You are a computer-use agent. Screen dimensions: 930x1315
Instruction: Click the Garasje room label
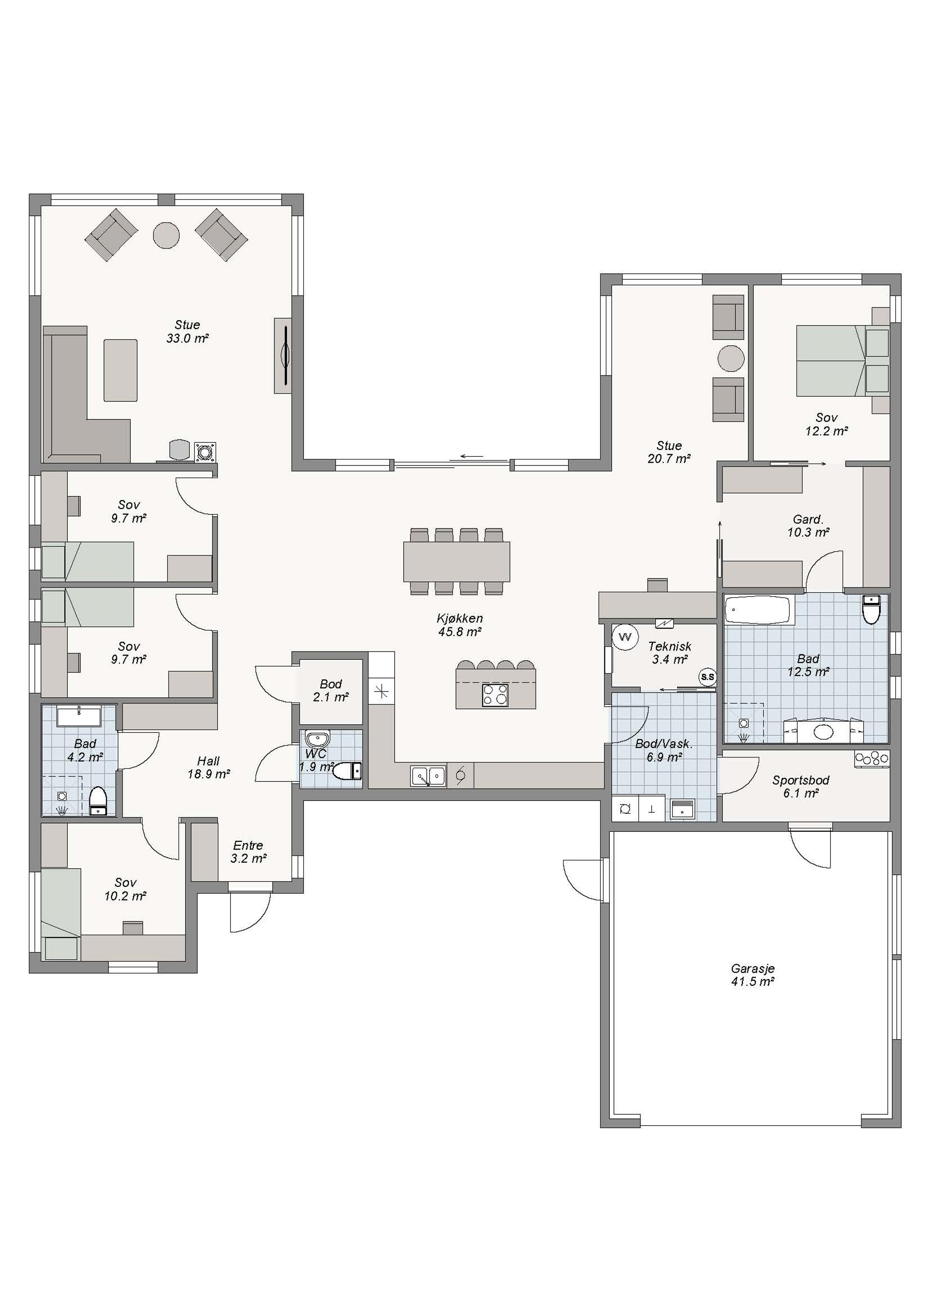coord(752,968)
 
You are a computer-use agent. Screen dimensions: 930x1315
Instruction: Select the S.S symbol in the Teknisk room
coord(708,677)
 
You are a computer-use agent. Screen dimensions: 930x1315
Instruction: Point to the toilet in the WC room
coord(347,771)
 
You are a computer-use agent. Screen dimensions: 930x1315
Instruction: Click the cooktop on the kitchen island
coord(495,695)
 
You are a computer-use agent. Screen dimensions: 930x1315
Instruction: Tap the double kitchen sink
coord(428,776)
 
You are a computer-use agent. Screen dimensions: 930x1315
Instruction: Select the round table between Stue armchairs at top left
coord(166,235)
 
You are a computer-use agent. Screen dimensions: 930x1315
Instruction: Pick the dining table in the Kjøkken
coord(456,561)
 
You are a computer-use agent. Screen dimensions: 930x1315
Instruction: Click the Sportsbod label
coord(800,780)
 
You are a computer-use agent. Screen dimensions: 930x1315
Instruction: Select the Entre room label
coord(248,845)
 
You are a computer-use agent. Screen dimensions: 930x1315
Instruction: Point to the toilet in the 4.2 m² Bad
coord(99,800)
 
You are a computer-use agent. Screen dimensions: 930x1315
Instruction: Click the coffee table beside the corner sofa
coord(120,370)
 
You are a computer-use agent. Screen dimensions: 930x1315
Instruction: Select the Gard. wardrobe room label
coord(808,519)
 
